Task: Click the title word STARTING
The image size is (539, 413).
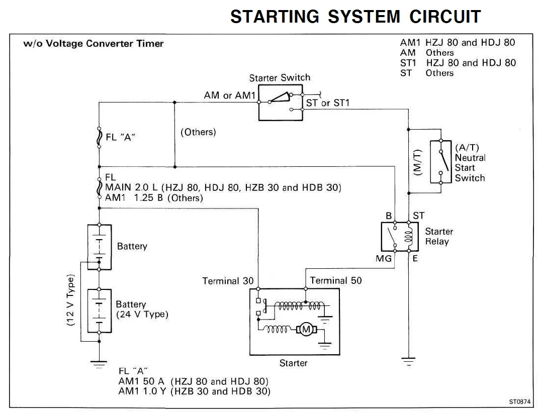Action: pyautogui.click(x=275, y=17)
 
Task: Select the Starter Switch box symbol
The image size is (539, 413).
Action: pyautogui.click(x=281, y=102)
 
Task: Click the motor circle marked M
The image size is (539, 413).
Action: pyautogui.click(x=306, y=330)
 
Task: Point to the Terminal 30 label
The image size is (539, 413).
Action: pyautogui.click(x=228, y=281)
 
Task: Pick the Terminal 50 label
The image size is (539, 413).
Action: pyautogui.click(x=336, y=280)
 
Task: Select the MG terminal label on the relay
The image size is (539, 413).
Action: pyautogui.click(x=384, y=259)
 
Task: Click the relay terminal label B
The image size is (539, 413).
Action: pyautogui.click(x=388, y=216)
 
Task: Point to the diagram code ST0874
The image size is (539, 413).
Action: pyautogui.click(x=520, y=401)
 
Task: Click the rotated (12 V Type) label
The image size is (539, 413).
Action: pyautogui.click(x=70, y=300)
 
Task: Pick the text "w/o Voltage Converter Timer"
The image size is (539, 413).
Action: pyautogui.click(x=94, y=44)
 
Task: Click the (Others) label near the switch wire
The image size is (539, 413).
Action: pyautogui.click(x=198, y=132)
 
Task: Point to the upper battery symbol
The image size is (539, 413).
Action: pyautogui.click(x=99, y=247)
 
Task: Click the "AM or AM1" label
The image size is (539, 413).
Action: pyautogui.click(x=230, y=95)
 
